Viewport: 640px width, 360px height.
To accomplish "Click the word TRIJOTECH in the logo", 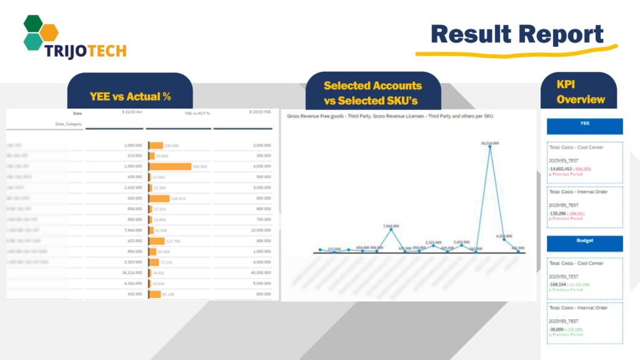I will (x=85, y=51).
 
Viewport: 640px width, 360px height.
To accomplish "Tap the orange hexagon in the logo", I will (x=49, y=31).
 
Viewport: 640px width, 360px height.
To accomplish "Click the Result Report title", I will (x=517, y=34).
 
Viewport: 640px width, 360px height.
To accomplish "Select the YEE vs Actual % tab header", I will (x=130, y=97).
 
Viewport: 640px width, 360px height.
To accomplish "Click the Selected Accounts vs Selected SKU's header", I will (x=372, y=93).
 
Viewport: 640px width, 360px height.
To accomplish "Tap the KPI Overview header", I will (x=580, y=92).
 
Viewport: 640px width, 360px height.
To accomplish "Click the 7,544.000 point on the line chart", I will (x=391, y=229).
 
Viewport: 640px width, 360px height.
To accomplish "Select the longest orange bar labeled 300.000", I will (x=170, y=167).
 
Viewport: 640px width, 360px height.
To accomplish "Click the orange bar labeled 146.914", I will (x=159, y=199).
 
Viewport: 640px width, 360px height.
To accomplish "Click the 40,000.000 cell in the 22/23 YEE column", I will (x=258, y=273).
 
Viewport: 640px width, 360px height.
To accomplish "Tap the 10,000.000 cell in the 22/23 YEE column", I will (x=258, y=231).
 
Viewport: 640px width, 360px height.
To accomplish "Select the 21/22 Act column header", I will (x=131, y=112).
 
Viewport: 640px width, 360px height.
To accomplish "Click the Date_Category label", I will (x=69, y=124).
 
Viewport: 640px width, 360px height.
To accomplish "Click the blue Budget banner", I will (x=584, y=244).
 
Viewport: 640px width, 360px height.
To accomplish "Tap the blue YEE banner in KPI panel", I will (x=584, y=126).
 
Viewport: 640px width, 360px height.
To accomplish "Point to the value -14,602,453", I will (x=561, y=169).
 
